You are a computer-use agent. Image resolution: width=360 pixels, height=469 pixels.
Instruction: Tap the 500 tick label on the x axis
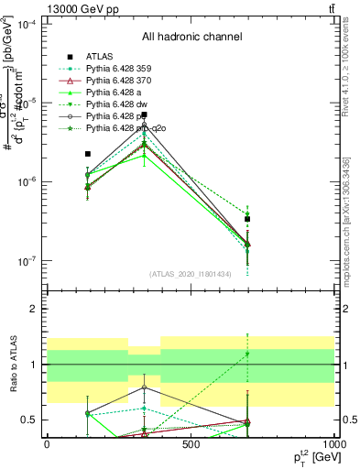[x=191, y=444]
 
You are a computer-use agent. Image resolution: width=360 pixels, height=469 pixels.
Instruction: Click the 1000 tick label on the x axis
[x=333, y=444]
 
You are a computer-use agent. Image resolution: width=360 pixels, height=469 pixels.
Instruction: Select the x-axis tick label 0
[x=47, y=444]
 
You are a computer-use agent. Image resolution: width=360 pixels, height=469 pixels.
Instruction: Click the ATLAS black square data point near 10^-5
[x=144, y=115]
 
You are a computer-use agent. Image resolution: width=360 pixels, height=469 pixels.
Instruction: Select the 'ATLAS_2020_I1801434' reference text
[x=191, y=273]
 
